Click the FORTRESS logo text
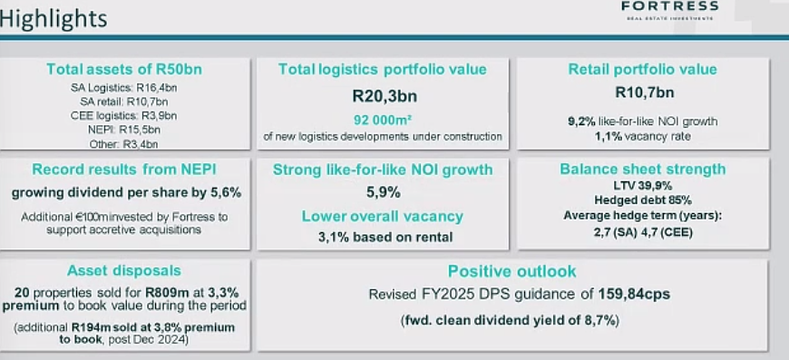(x=670, y=6)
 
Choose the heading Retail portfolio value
(x=642, y=70)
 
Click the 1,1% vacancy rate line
(x=642, y=136)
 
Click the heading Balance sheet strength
(x=642, y=169)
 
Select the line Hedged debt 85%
(x=642, y=199)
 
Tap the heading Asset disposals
(x=123, y=270)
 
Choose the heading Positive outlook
(x=511, y=271)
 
